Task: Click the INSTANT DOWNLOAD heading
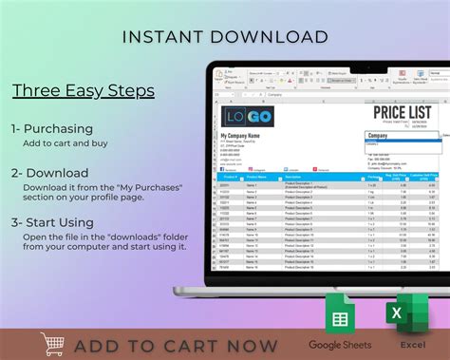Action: pyautogui.click(x=225, y=38)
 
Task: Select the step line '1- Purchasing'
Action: pyautogui.click(x=52, y=128)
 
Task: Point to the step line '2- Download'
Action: pyautogui.click(x=50, y=173)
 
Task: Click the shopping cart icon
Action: pyautogui.click(x=53, y=344)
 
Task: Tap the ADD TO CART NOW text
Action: pyautogui.click(x=176, y=345)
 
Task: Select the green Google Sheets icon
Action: pyautogui.click(x=340, y=313)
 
